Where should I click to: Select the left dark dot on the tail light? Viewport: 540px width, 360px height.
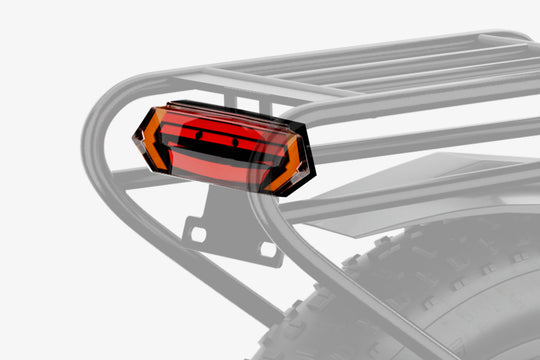click(198, 134)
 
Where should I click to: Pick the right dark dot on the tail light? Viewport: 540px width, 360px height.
click(236, 142)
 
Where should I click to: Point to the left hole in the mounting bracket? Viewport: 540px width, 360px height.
click(194, 233)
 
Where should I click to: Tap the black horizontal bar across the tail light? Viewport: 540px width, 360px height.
click(215, 151)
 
